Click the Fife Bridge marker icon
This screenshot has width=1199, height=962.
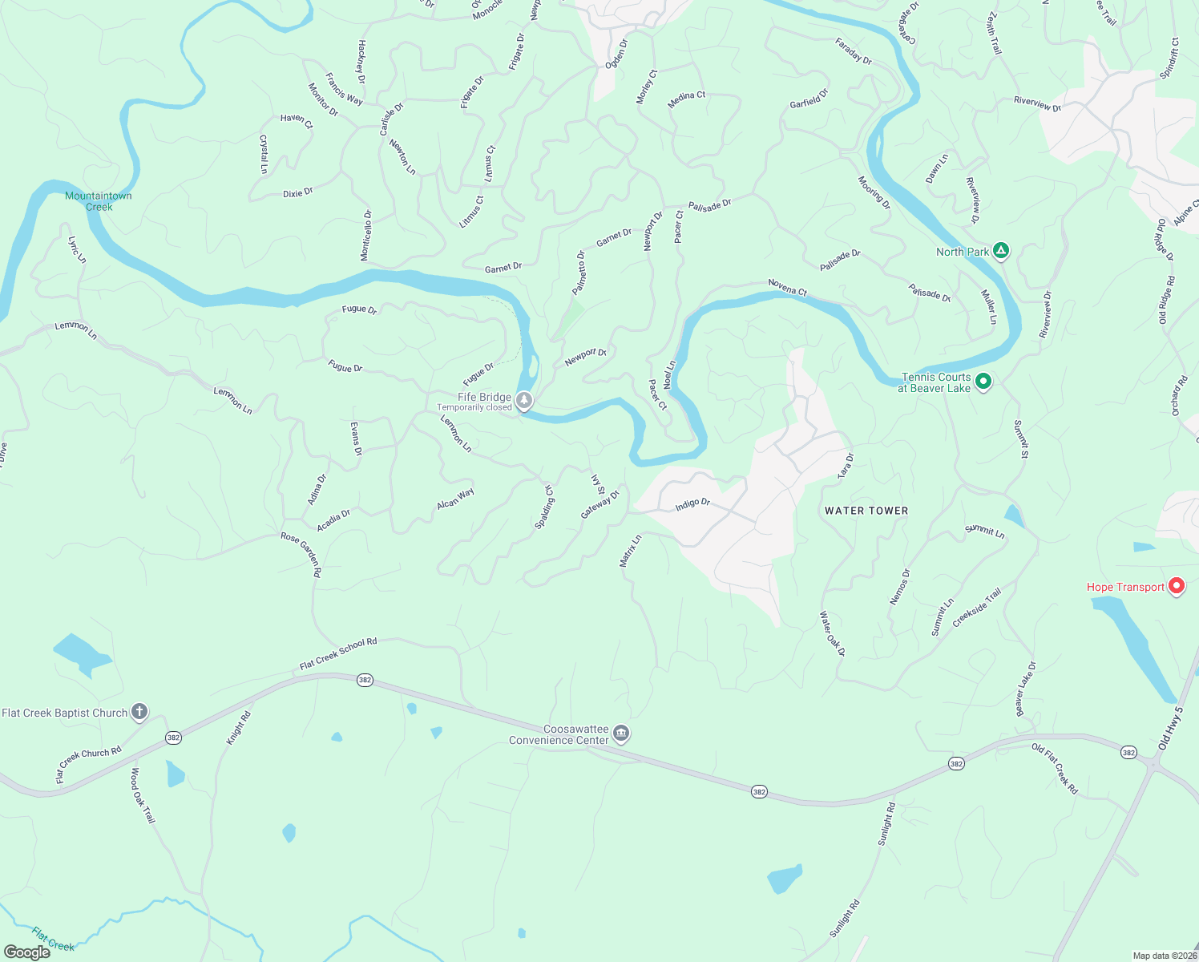click(524, 400)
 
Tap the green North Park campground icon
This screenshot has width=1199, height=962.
click(1000, 251)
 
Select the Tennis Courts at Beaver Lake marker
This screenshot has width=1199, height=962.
click(983, 382)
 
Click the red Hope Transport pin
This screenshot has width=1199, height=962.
click(1177, 586)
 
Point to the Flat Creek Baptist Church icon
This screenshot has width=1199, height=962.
click(139, 712)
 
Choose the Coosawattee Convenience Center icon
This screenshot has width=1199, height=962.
click(621, 733)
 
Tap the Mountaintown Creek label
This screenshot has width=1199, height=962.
click(99, 201)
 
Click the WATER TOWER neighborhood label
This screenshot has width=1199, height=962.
click(866, 511)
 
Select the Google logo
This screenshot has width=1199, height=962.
click(27, 952)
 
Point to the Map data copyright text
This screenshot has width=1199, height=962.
click(1164, 956)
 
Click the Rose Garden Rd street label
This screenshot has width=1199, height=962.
click(301, 554)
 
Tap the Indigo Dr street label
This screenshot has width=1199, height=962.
click(692, 504)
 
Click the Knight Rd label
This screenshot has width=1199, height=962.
click(238, 728)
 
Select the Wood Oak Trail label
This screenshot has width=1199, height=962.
click(142, 795)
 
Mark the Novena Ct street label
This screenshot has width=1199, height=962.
click(787, 287)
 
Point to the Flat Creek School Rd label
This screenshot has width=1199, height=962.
click(337, 653)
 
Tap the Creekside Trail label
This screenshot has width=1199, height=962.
click(977, 608)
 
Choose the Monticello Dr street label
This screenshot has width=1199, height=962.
click(365, 236)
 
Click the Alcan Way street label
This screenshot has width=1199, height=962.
click(455, 499)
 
